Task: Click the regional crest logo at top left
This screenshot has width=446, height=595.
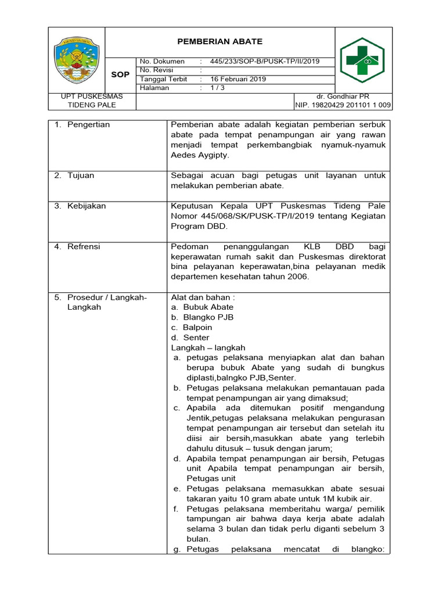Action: (77, 59)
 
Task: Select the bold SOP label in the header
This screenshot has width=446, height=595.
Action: (120, 75)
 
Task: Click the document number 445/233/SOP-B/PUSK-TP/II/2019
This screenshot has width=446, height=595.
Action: (264, 62)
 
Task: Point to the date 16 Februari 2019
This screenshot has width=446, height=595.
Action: (238, 79)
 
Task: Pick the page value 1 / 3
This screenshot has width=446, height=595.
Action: (220, 88)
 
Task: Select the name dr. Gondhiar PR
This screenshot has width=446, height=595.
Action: (343, 96)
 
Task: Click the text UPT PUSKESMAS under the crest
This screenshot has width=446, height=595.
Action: (92, 96)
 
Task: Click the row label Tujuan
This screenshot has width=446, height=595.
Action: (81, 175)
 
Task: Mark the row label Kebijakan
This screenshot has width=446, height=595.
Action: (87, 206)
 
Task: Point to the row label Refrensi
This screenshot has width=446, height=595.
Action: (84, 246)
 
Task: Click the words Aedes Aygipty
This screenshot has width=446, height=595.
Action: (200, 155)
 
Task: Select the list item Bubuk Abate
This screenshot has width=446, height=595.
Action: (208, 307)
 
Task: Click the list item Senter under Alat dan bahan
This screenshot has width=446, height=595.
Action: (196, 338)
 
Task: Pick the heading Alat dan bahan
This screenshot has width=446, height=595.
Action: (203, 297)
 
